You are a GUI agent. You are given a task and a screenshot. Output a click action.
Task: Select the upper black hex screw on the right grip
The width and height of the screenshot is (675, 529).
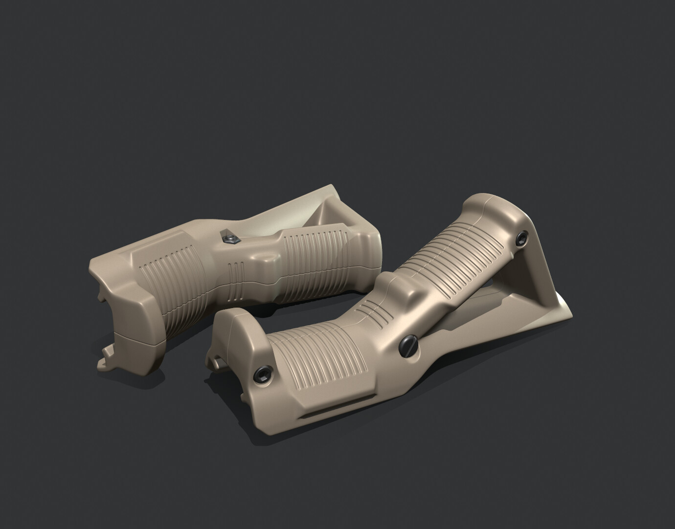[x=523, y=238]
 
